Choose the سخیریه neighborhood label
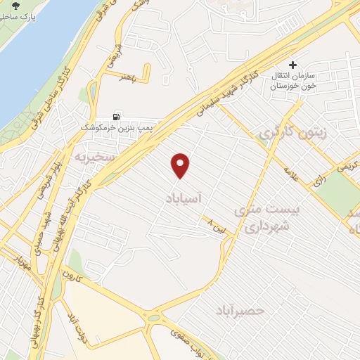click(x=116, y=157)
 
